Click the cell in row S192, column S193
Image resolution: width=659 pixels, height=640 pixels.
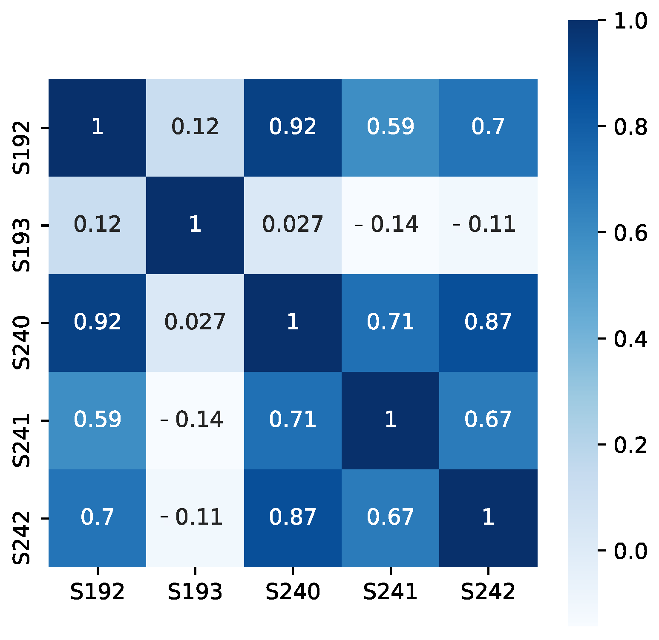pos(195,127)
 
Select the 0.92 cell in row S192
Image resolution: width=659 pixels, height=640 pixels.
pos(293,127)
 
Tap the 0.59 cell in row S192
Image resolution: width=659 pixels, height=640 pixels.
pos(390,127)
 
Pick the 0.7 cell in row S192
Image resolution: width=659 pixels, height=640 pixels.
pos(488,127)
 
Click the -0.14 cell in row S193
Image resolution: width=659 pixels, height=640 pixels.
pos(390,225)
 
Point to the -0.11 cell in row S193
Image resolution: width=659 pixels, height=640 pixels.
pos(488,225)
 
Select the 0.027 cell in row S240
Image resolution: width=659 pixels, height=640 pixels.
pos(195,323)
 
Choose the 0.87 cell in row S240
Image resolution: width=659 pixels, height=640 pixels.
pos(488,323)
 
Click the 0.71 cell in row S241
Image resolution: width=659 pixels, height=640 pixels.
pos(293,420)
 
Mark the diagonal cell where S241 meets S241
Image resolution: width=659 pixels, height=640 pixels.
pos(390,420)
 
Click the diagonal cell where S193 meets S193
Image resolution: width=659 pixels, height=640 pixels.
pos(195,225)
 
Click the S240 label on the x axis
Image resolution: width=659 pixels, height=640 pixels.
pos(293,592)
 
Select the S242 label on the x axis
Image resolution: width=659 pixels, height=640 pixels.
pos(488,592)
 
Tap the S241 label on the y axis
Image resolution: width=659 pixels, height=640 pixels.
pos(21,440)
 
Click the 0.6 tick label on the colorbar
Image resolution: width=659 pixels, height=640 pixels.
pos(630,233)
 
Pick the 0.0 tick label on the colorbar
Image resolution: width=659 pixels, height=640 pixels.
pos(630,551)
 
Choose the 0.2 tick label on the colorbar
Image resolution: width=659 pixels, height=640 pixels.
pos(630,445)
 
